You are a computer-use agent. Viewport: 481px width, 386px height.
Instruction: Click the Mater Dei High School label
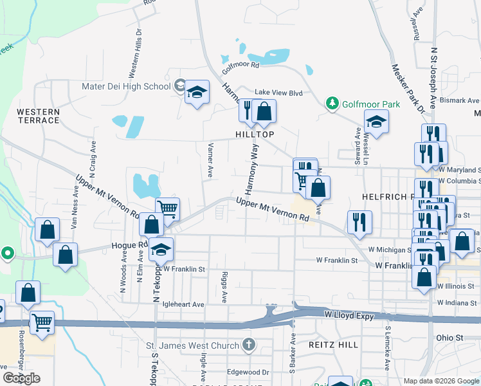coord(126,86)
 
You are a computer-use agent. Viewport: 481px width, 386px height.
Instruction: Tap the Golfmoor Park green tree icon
coord(332,104)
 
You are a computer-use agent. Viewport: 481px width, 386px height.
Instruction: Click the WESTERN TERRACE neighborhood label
coord(38,116)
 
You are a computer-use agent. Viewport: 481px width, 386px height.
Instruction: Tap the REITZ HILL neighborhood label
coord(333,345)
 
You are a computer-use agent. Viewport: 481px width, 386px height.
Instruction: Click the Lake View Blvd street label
coord(278,93)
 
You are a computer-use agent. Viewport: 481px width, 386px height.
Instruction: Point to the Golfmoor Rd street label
coord(240,65)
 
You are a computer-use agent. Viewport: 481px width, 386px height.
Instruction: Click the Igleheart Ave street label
coord(183,304)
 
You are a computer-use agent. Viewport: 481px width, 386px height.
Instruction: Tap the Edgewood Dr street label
coord(248,372)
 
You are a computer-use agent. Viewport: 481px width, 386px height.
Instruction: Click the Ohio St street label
coord(449,337)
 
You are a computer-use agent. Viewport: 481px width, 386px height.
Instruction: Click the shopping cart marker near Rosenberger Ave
coord(42,322)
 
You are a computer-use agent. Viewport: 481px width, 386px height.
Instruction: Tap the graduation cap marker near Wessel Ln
coord(376,121)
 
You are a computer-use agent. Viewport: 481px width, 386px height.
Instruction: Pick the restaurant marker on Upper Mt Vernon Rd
coord(359,222)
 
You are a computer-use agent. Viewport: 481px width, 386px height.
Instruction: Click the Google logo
coord(21,378)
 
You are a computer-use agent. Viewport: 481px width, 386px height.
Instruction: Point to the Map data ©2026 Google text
coord(440,381)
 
